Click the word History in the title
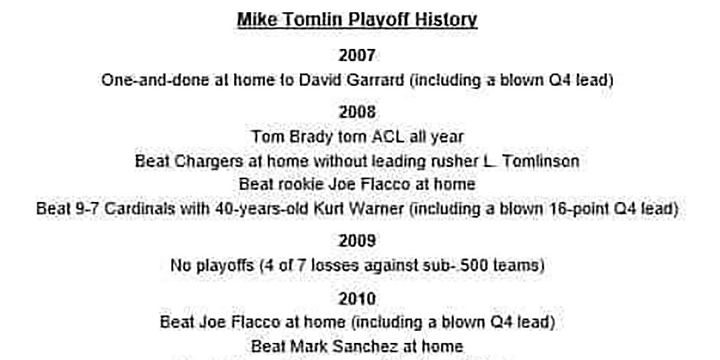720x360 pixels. [446, 20]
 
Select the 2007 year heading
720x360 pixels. [357, 55]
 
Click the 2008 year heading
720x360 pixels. [357, 112]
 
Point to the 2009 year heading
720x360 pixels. [357, 241]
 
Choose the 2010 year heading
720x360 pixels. [357, 299]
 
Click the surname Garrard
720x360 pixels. [375, 80]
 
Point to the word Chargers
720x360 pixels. [208, 161]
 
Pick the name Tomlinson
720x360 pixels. [541, 161]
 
